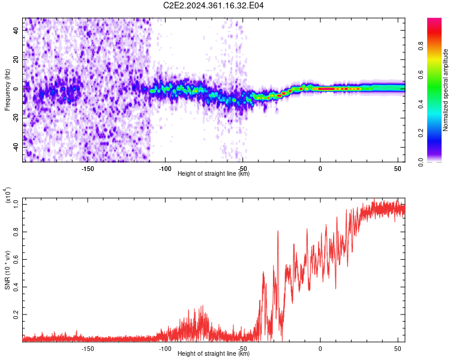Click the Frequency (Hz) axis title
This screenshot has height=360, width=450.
(x=8, y=89)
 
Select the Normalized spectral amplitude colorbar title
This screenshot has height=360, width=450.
(x=445, y=90)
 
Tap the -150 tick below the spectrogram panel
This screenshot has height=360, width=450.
(x=88, y=169)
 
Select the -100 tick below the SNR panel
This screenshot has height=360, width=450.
(x=165, y=349)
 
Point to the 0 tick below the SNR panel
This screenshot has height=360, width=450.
(x=320, y=349)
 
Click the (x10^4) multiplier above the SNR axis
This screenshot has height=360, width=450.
(x=8, y=196)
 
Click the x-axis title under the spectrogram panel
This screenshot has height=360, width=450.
(x=214, y=174)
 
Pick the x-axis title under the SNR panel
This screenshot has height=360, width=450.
(x=214, y=354)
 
